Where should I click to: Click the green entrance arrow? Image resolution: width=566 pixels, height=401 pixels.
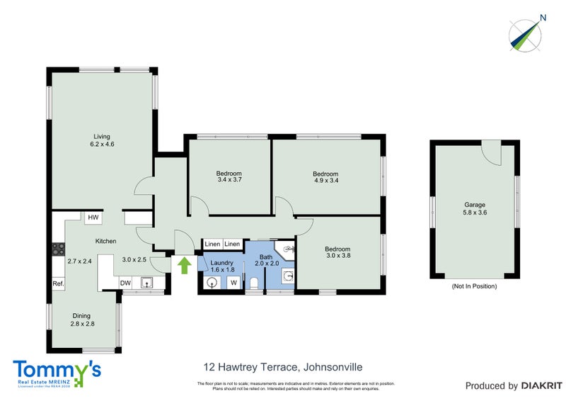click(x=184, y=266)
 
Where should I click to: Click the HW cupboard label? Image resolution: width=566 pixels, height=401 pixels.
click(x=92, y=218)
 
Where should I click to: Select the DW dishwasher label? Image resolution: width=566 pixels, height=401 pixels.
click(x=125, y=283)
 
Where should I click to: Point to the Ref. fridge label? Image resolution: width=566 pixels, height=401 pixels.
click(x=58, y=283)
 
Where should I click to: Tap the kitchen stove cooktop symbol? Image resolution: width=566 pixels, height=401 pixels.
click(x=58, y=249)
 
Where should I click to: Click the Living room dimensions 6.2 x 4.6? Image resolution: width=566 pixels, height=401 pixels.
click(x=102, y=145)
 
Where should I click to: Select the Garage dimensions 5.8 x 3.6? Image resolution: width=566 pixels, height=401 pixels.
click(x=475, y=212)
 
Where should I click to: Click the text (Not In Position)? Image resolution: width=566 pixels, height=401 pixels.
click(x=474, y=286)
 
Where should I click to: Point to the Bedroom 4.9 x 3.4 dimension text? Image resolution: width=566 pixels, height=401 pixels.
click(x=325, y=181)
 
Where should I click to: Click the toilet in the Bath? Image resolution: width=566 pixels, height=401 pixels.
click(x=254, y=283)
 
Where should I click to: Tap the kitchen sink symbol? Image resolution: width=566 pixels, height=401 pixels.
click(x=148, y=284)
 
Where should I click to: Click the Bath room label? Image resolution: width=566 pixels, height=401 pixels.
click(x=266, y=257)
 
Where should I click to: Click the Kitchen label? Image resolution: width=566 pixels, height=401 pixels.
click(x=106, y=242)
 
